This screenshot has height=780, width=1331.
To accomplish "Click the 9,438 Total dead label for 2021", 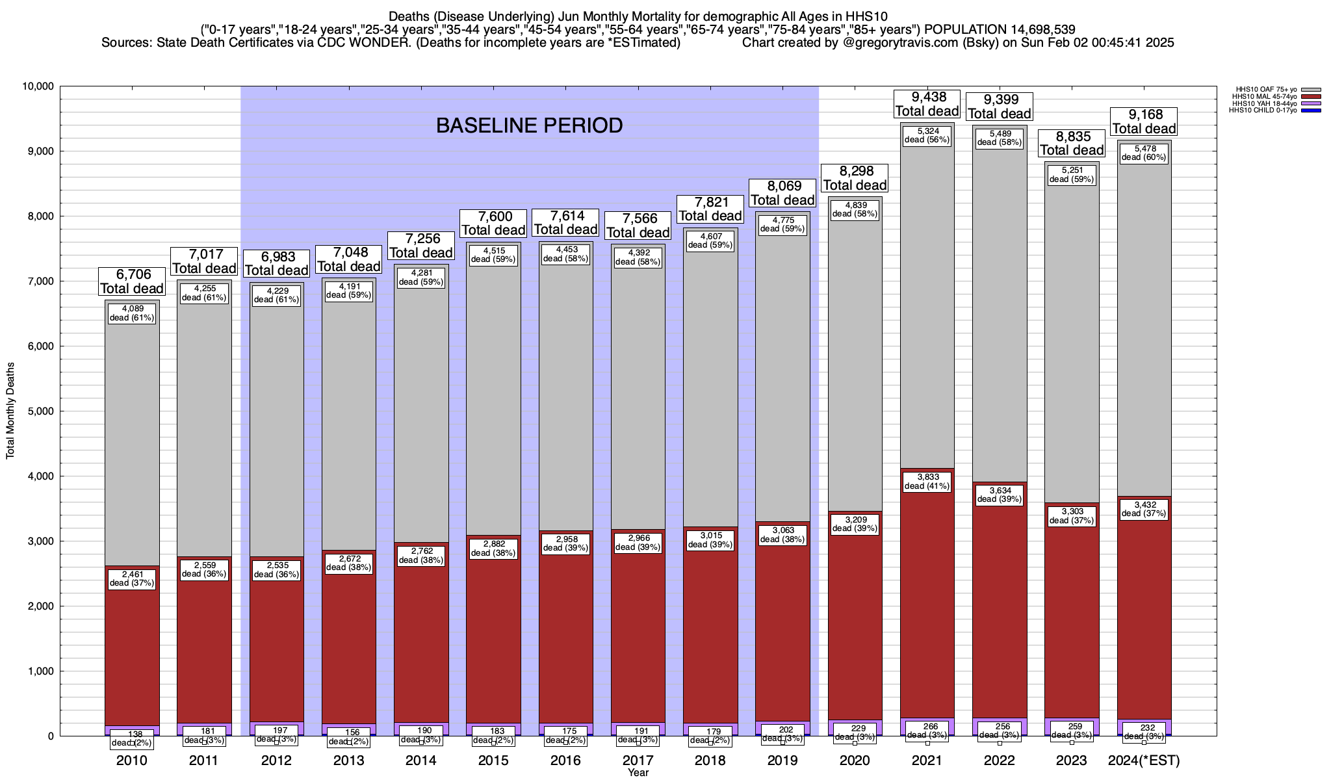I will click(x=927, y=104).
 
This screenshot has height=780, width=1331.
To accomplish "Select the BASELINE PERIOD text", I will click(x=529, y=125).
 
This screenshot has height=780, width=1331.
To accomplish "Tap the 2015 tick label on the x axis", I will click(x=493, y=760).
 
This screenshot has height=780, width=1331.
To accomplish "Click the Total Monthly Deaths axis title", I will click(x=10, y=411).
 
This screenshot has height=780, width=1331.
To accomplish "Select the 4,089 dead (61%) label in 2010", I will click(x=132, y=313).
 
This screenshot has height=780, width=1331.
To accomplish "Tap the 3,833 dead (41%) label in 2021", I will click(x=927, y=481).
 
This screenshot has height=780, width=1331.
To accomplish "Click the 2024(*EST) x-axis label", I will click(x=1144, y=760).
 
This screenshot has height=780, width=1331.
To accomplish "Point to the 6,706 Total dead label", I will click(x=132, y=281).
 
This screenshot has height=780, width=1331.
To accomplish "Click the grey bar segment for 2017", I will click(x=638, y=390).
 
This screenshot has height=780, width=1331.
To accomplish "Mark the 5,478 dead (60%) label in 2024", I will click(x=1144, y=153).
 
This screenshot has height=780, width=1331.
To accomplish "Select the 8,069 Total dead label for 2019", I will click(x=782, y=193).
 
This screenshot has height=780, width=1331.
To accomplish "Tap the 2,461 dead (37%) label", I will click(x=132, y=578).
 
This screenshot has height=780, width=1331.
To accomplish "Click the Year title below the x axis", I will click(x=638, y=773).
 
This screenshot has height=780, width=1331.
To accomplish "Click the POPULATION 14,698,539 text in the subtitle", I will click(x=1000, y=29).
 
